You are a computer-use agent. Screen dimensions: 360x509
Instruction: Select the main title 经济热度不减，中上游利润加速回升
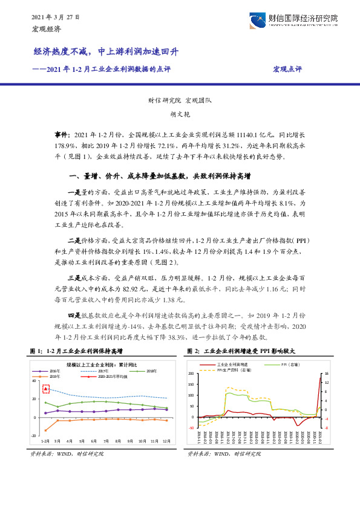[106, 53]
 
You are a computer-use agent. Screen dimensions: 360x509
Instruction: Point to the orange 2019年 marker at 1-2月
[45, 430]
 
